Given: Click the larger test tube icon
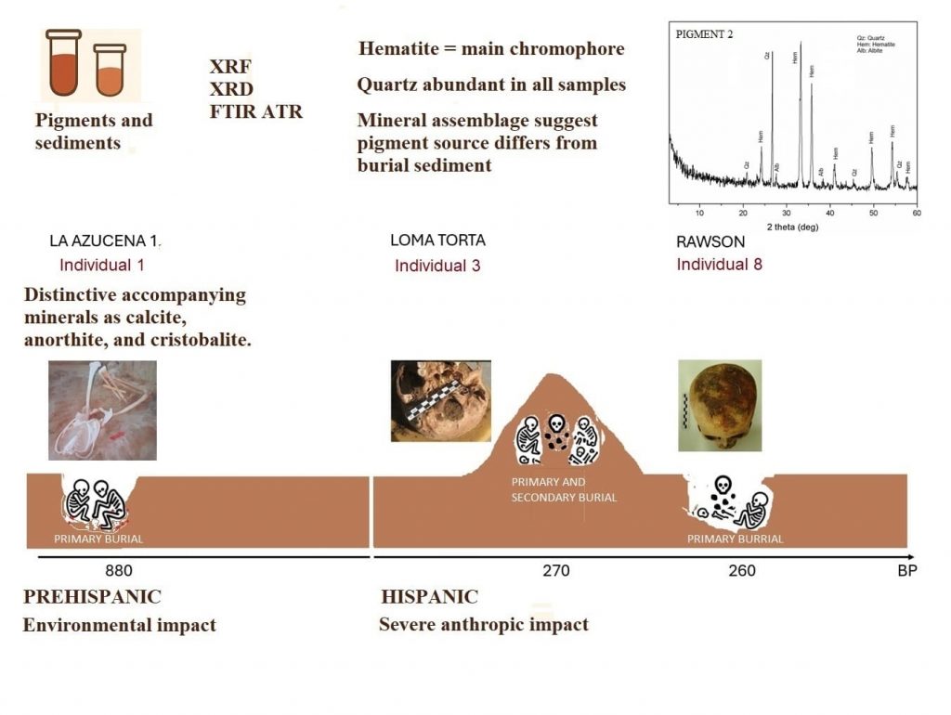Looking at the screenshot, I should click(63, 63).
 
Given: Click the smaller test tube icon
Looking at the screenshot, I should click(110, 70).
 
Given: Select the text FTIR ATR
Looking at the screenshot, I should click(255, 112).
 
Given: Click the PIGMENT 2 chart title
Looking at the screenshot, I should click(703, 34).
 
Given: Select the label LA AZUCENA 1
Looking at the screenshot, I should click(106, 241).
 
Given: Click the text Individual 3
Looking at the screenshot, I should click(437, 266).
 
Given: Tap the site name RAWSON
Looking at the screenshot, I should click(710, 241).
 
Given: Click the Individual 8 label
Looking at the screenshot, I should click(719, 265).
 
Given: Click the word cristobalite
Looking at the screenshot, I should click(202, 340).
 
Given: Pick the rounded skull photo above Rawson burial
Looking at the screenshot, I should click(712, 405).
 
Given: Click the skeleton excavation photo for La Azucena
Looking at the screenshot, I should click(102, 410).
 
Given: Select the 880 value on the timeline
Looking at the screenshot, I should click(119, 570).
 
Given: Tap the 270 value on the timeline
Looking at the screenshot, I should click(556, 570).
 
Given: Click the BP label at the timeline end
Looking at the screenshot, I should click(906, 570).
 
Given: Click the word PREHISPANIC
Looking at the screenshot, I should click(92, 596).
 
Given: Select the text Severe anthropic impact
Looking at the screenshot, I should click(483, 624).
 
